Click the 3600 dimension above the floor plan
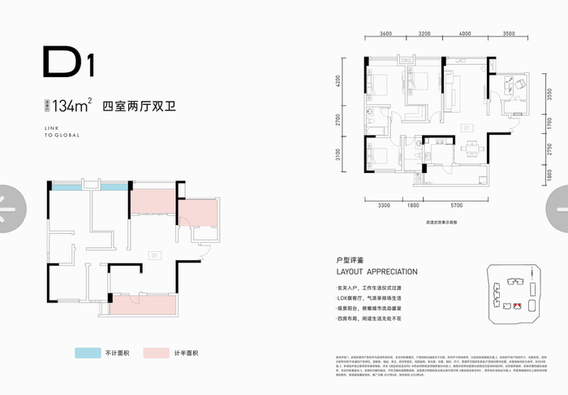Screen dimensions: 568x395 coord(385,34)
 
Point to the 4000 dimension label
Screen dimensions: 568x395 coord(464,34)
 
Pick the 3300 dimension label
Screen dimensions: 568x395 coord(384,207)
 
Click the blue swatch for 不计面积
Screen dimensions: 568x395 coord(85,354)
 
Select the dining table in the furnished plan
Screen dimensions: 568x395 coord(468,148)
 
